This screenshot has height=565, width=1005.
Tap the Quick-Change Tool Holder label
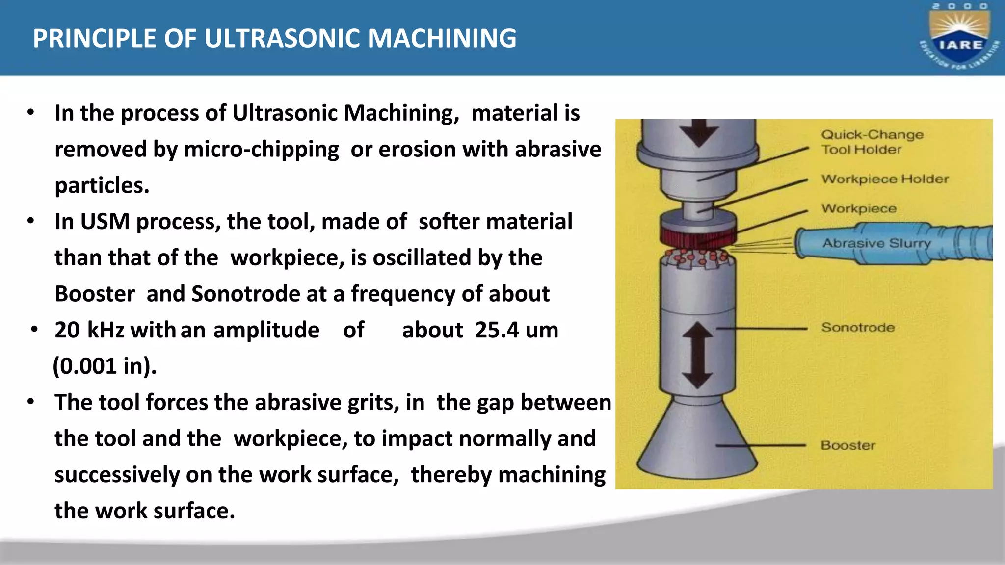(872, 142)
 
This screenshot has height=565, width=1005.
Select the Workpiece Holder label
(885, 179)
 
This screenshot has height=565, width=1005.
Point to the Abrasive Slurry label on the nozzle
(876, 243)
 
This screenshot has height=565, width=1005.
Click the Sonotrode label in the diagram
(858, 327)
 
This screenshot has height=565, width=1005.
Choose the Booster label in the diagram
(848, 445)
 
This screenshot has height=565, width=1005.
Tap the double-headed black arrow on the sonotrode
(697, 356)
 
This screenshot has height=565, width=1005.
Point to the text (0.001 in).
(105, 366)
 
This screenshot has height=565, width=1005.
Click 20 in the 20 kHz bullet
(67, 330)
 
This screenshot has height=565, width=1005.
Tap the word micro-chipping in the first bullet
(261, 150)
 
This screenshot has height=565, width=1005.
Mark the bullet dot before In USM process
(31, 221)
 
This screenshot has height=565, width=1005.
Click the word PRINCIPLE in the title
(94, 38)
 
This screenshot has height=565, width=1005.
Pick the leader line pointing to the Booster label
(761, 445)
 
